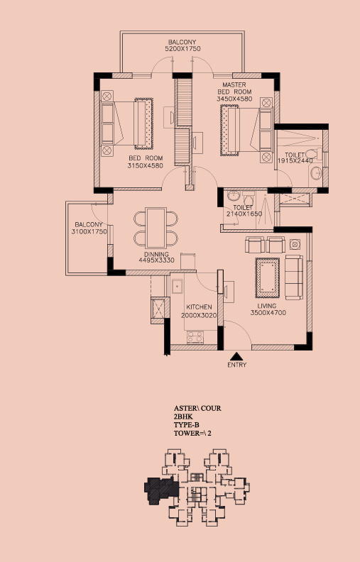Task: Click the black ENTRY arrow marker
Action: point(236,356)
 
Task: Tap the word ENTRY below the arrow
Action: point(236,365)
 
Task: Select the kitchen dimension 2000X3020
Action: point(199,315)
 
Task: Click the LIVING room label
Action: point(267,306)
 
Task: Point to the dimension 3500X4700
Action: point(268,312)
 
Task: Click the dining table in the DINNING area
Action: point(156,228)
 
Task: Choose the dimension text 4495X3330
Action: point(157,260)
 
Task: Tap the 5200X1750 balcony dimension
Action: point(182,49)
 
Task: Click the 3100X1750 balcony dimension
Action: point(89,231)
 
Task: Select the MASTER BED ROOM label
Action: point(234,88)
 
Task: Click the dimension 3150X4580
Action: point(146,165)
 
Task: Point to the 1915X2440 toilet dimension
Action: point(295,161)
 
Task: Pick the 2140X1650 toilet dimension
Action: point(244,214)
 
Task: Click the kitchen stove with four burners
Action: point(195,337)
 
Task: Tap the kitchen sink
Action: point(177,287)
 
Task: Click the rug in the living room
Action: point(267,277)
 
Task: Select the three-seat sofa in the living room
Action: point(294,277)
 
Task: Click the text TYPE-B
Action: point(187,425)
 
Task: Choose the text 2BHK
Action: point(183,417)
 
